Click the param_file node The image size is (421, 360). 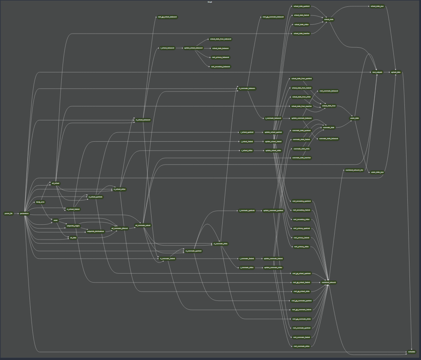(9, 214)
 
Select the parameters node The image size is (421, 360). (24, 214)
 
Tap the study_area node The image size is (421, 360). (40, 202)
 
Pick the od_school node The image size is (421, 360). (56, 183)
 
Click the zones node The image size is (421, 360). (55, 220)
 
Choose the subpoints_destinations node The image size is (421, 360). (96, 232)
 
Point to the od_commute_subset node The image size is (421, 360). (143, 226)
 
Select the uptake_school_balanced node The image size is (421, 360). (193, 48)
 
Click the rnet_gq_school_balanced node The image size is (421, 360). (167, 17)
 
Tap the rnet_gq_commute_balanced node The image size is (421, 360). (272, 17)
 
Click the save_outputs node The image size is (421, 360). (377, 72)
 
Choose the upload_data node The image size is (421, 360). (396, 72)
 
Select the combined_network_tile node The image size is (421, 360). (354, 170)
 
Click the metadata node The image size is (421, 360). (411, 352)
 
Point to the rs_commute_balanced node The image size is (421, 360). (247, 89)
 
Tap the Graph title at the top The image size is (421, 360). (210, 2)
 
